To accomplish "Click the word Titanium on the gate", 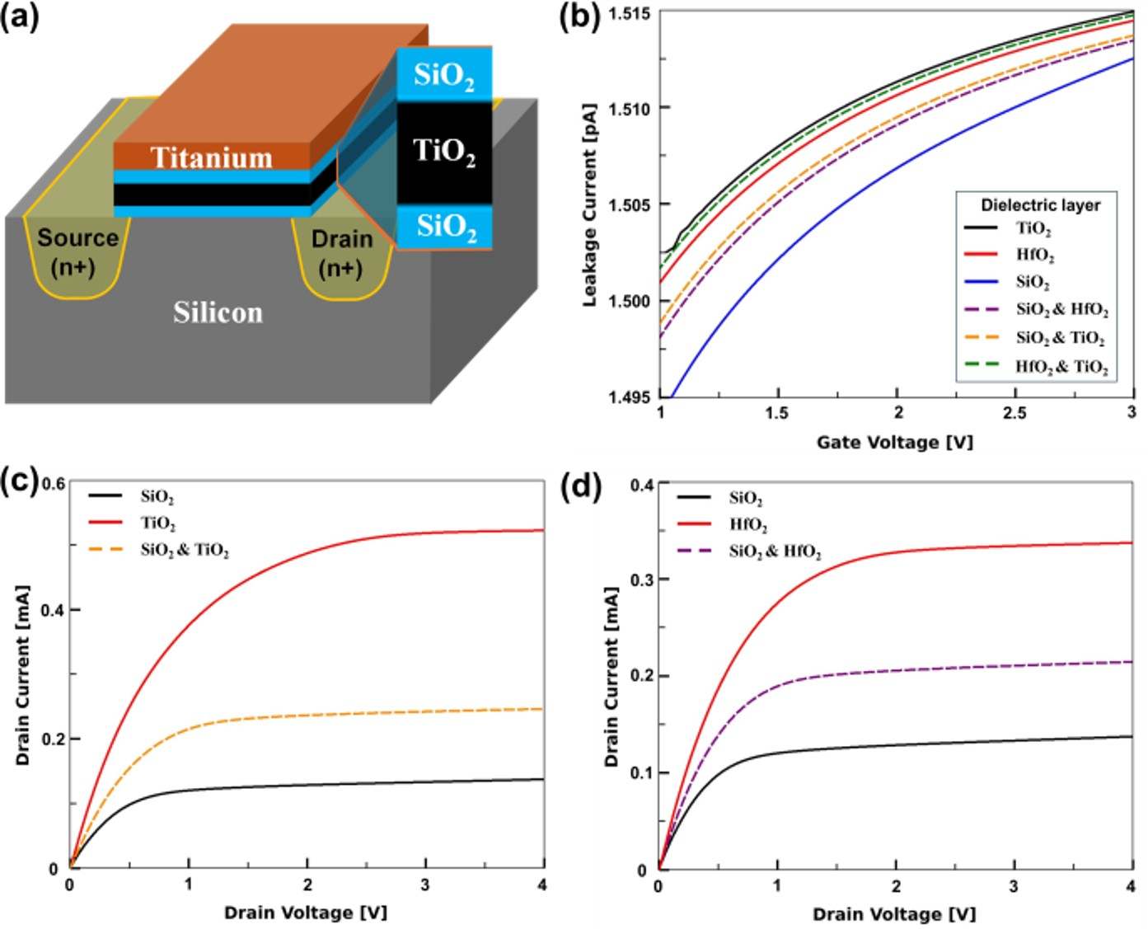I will (x=211, y=157).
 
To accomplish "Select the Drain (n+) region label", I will (x=341, y=253).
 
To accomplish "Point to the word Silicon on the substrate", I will (x=218, y=312).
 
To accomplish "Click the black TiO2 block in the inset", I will (x=444, y=152).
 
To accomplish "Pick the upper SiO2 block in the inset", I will (x=444, y=75).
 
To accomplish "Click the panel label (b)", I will (x=579, y=16).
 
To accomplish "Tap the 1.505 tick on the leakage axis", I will (x=628, y=204).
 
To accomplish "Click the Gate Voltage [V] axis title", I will (x=894, y=443).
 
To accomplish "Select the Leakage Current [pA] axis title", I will (x=589, y=205).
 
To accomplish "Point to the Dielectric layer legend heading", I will (x=1040, y=205).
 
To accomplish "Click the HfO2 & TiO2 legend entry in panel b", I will (x=1061, y=366).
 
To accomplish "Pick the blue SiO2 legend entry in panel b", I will (x=1032, y=282).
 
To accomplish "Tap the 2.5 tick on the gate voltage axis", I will (x=1014, y=413).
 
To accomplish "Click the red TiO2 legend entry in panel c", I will (x=157, y=523).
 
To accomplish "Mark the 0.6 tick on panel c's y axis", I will (x=54, y=484).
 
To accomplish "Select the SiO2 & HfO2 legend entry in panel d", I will (x=775, y=551).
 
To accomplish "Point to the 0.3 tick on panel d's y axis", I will (x=642, y=580).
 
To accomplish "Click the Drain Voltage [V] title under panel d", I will (x=893, y=914).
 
